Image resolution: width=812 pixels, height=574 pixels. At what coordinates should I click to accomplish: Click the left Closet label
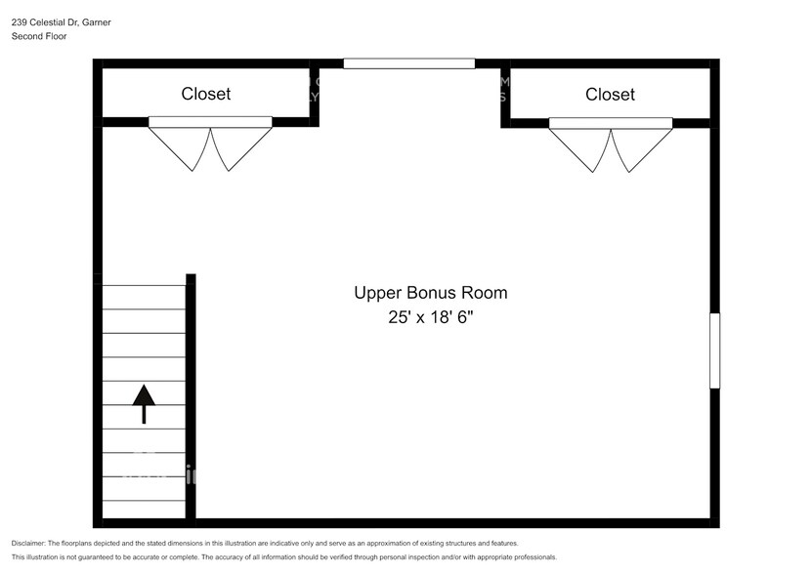(x=206, y=94)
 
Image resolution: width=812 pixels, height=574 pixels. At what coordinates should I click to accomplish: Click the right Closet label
(x=610, y=94)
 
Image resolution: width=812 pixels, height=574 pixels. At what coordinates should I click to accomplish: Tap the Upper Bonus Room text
(x=430, y=292)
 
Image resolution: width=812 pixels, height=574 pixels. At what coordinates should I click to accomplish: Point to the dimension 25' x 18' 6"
(x=430, y=317)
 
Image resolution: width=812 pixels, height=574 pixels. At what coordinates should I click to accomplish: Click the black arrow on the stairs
(x=144, y=403)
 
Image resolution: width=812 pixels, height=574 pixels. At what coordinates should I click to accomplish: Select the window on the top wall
(x=408, y=63)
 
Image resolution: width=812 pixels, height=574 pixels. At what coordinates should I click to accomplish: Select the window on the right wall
(x=714, y=350)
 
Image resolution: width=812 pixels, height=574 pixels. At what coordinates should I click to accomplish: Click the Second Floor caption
(x=39, y=36)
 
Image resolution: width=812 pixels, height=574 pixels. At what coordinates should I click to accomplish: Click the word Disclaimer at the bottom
(x=28, y=543)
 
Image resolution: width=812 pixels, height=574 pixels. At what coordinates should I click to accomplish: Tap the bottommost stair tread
(x=144, y=510)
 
